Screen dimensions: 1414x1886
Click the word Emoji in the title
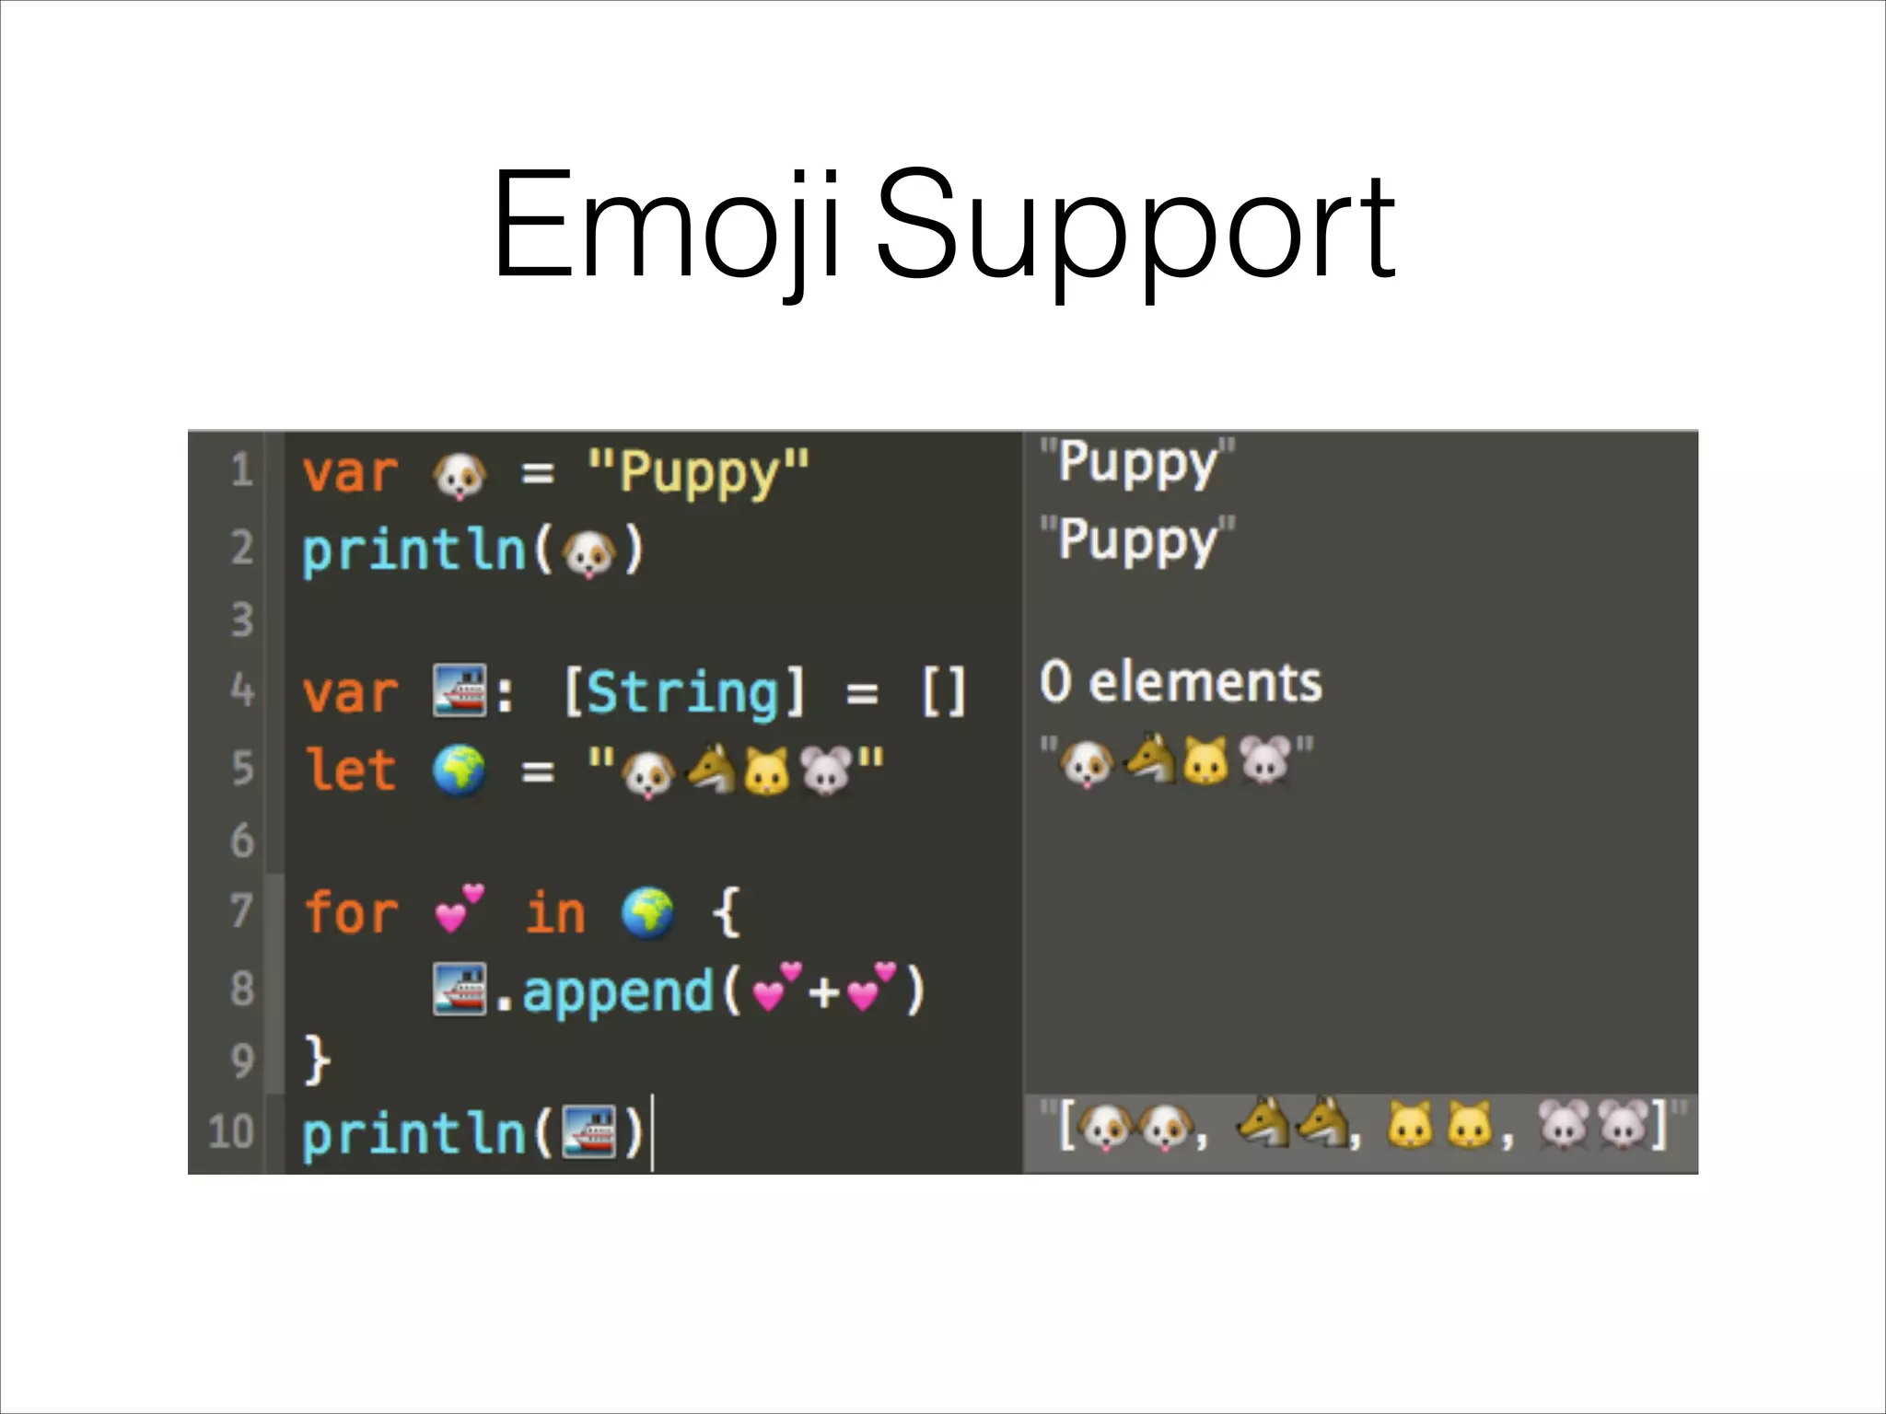pos(665,226)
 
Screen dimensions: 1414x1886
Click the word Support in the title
pos(1136,230)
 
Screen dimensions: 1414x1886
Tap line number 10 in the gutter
pos(230,1131)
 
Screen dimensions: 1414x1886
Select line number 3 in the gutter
pos(241,620)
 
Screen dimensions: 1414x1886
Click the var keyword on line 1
pos(350,473)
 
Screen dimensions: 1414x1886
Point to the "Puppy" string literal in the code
pos(698,473)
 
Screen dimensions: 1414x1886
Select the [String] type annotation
pos(683,691)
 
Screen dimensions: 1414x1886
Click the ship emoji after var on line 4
pos(460,690)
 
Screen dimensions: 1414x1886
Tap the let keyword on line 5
pos(350,770)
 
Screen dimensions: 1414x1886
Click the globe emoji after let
pos(459,770)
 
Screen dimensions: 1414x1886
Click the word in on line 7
pos(555,912)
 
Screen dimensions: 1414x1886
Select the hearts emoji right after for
pos(459,909)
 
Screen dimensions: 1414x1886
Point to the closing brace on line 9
pos(316,1060)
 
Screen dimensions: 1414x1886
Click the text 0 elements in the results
pos(1181,682)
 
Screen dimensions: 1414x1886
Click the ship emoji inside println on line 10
pos(588,1131)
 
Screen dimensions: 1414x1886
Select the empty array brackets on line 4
pos(944,691)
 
